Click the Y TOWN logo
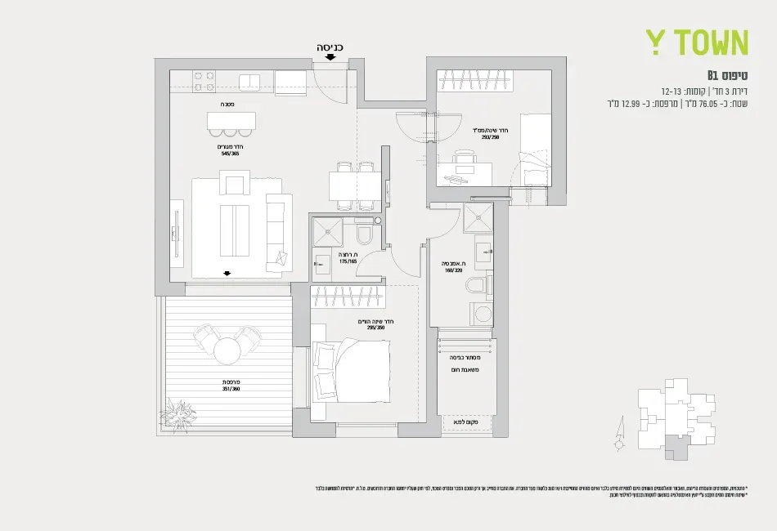[697, 42]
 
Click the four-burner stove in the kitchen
[204, 81]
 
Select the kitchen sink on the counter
[249, 81]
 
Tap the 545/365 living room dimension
[230, 153]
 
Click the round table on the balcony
[226, 350]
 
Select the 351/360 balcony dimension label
[230, 389]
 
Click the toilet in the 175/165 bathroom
[365, 236]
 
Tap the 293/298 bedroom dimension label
[488, 137]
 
